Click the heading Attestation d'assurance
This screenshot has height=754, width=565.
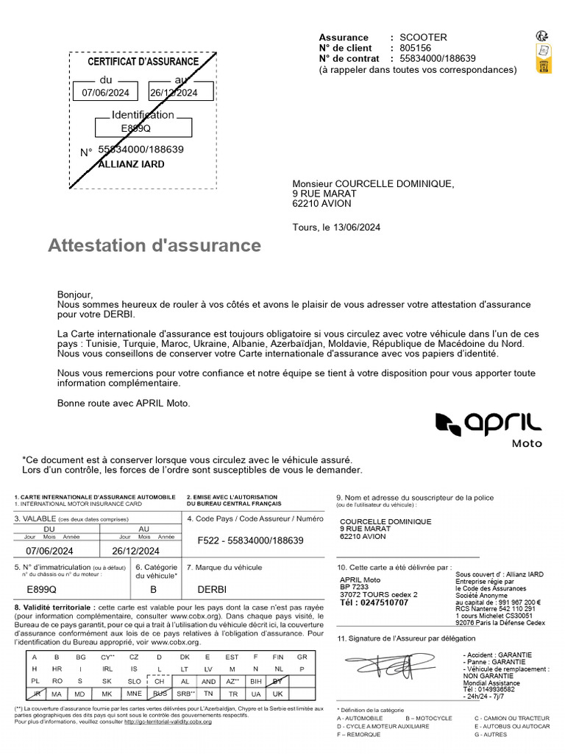[154, 245]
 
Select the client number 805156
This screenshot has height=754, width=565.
[416, 48]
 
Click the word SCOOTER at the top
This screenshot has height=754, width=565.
[423, 38]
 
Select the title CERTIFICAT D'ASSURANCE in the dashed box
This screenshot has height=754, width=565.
[143, 62]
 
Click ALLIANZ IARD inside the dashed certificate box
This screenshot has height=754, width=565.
[132, 164]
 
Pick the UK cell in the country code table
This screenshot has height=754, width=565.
[278, 694]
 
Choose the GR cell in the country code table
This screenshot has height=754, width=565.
[302, 656]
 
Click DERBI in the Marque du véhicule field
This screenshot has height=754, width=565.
[213, 590]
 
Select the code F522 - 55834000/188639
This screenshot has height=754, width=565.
[251, 540]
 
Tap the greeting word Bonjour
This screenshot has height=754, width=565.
[75, 295]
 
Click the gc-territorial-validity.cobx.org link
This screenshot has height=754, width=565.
[168, 722]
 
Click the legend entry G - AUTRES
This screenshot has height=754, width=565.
[491, 734]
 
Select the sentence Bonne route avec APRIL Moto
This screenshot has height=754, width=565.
[123, 403]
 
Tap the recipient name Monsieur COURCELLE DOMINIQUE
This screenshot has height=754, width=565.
[373, 184]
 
